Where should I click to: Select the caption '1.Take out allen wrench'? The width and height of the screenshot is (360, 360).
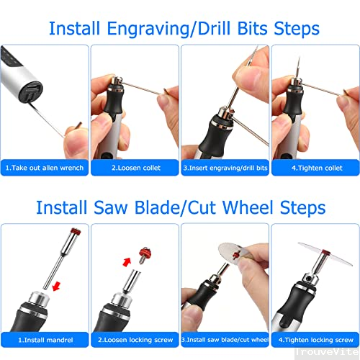point(45,168)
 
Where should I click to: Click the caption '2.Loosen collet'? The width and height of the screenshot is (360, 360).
point(136,168)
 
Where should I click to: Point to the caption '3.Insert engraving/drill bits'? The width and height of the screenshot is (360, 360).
point(225,168)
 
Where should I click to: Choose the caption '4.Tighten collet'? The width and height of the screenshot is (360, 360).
point(317,168)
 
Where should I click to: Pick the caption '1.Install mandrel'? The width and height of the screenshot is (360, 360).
point(45,340)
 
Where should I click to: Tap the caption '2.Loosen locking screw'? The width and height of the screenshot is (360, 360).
point(135,340)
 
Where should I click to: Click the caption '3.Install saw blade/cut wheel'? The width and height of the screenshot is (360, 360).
point(225,340)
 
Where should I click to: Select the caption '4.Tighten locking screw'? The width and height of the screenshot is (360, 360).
point(316,340)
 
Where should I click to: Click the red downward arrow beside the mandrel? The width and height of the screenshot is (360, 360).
point(56,286)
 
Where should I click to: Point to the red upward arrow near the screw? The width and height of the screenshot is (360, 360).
point(127,262)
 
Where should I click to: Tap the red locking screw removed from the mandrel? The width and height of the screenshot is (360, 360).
point(145,255)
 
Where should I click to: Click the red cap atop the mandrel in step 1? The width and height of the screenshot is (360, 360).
point(76,232)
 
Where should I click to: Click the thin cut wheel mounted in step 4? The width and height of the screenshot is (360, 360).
point(325,253)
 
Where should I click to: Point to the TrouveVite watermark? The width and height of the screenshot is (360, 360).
point(327,352)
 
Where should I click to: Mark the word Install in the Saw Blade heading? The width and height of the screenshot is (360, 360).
point(61,207)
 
